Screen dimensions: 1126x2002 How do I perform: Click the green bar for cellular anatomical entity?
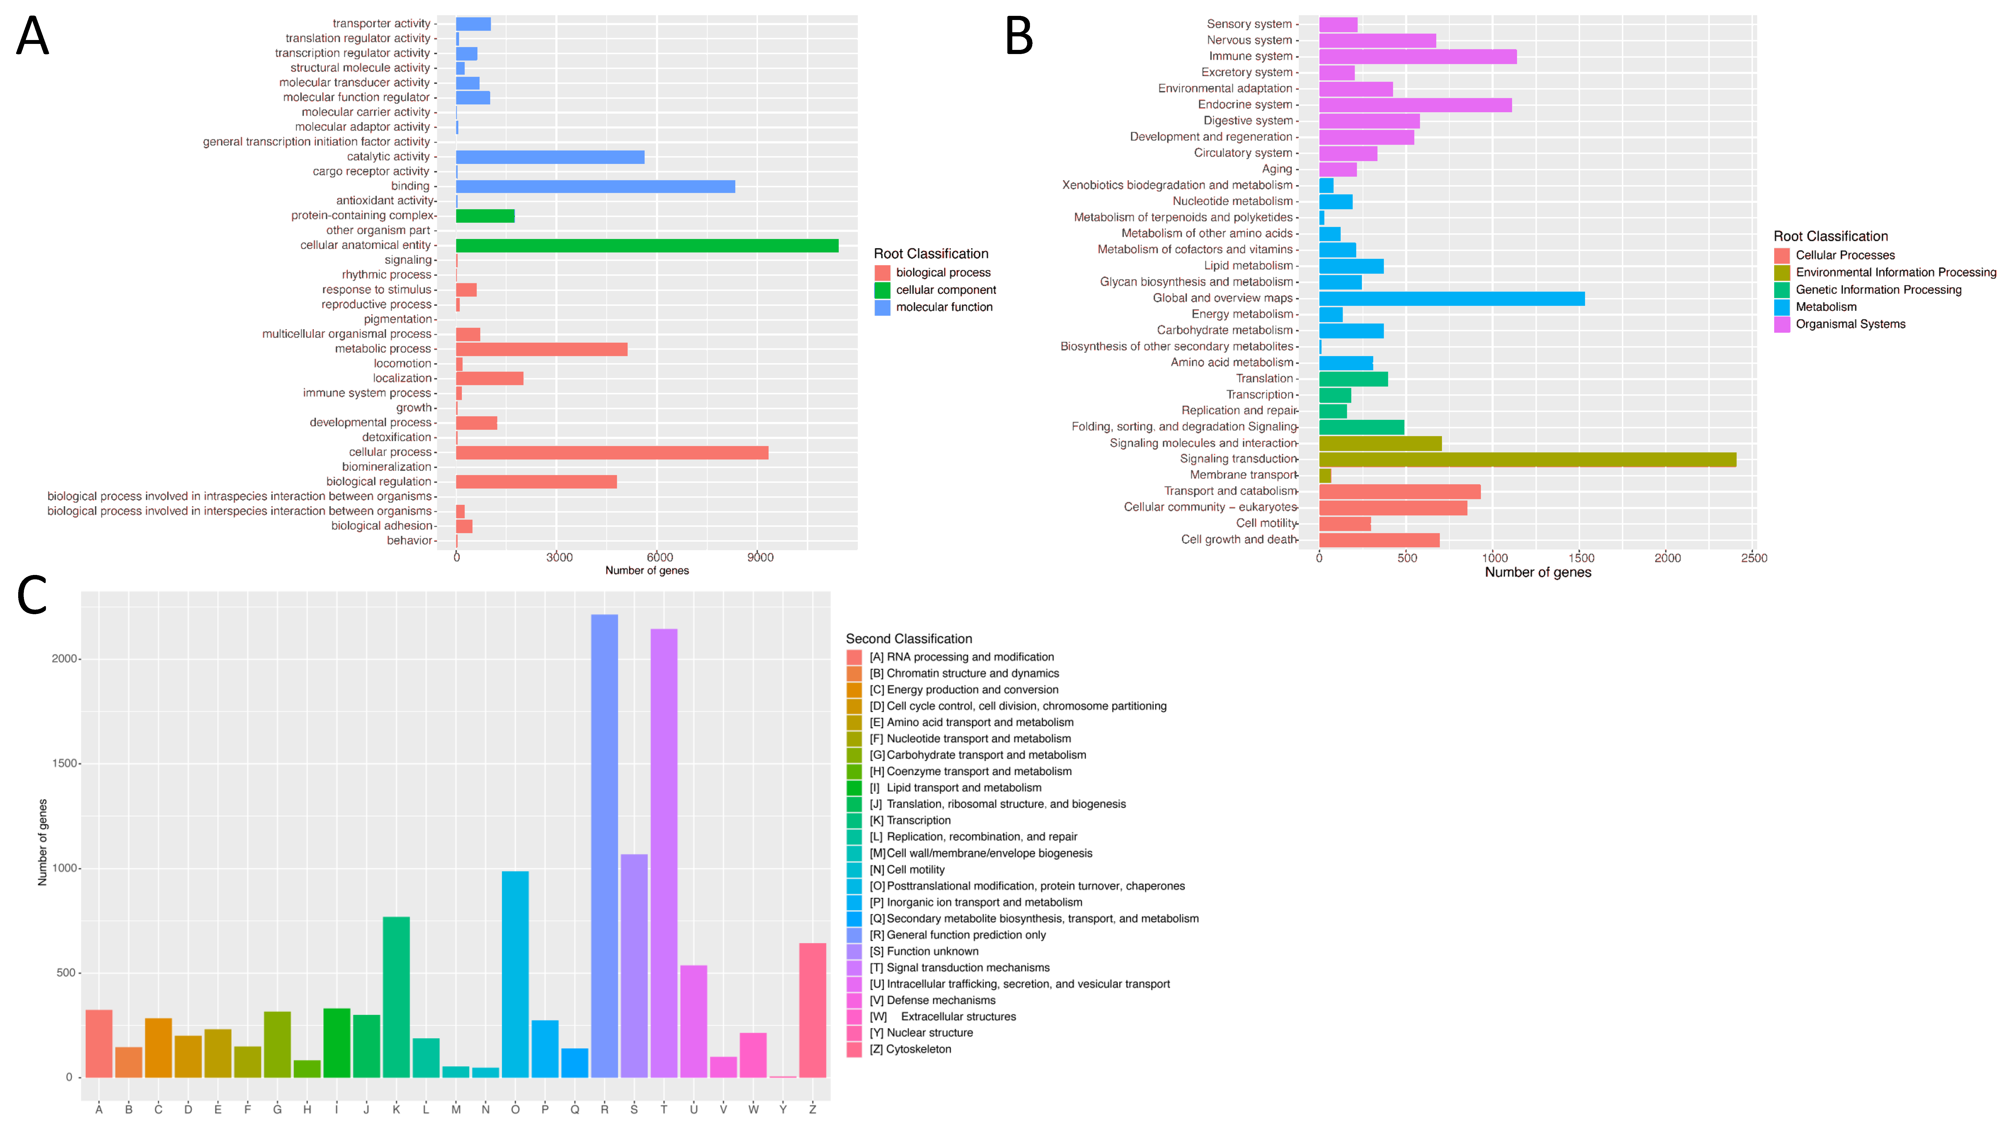[x=647, y=246]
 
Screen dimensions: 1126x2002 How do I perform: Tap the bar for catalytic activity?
[x=549, y=157]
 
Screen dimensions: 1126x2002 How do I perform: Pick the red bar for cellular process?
[x=612, y=452]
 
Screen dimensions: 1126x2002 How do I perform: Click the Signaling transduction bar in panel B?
[x=1527, y=459]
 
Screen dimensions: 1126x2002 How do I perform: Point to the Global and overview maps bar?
[x=1451, y=299]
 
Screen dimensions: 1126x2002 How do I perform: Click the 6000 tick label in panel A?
[x=660, y=557]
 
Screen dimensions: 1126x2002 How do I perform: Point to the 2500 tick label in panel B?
[x=1753, y=558]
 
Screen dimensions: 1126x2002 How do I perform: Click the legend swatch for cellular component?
[x=882, y=290]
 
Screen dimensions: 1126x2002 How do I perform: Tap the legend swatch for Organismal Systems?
[x=1782, y=324]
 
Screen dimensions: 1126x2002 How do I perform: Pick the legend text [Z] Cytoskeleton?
[x=909, y=1049]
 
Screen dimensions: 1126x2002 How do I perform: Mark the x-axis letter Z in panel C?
[x=812, y=1109]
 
